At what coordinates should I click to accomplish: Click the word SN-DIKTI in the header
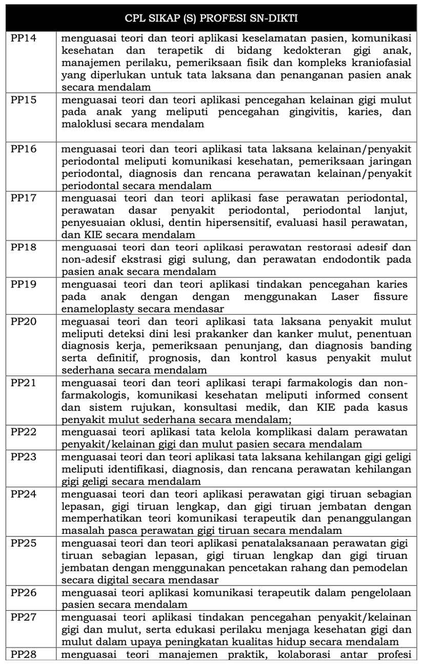tap(274, 19)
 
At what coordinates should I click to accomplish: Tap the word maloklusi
tap(84, 124)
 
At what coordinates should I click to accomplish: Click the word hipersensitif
tap(277, 223)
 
